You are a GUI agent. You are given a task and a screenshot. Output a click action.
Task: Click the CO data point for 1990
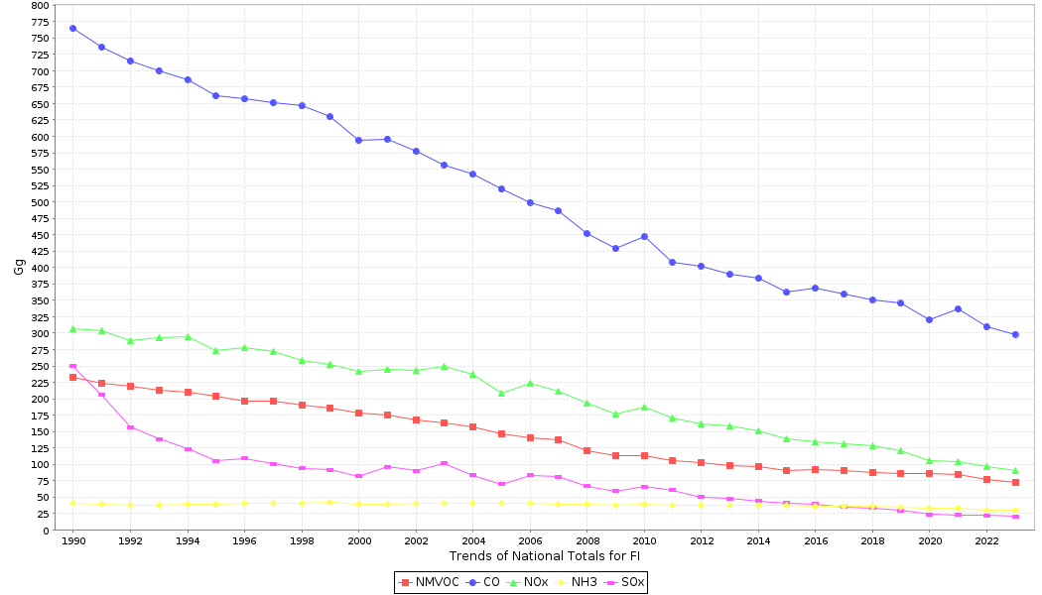tap(72, 28)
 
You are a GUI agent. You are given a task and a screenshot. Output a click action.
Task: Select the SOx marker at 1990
tap(72, 366)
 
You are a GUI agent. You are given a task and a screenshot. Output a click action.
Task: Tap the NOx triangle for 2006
tap(530, 383)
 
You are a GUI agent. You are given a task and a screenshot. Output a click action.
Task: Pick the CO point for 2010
tap(644, 236)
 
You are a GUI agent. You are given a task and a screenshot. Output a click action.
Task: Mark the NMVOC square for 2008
tap(586, 450)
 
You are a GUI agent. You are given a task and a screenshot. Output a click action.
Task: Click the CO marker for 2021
tap(958, 308)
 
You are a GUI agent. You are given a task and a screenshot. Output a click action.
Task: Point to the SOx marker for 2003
tap(444, 463)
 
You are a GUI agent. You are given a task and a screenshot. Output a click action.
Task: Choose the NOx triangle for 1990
tap(72, 328)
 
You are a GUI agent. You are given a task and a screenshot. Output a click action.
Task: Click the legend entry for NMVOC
tap(429, 582)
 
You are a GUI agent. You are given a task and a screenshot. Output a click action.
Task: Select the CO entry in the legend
tap(482, 582)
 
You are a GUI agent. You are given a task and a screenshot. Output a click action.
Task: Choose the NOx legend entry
tap(527, 582)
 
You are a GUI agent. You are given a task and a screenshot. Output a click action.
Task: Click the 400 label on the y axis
tap(38, 268)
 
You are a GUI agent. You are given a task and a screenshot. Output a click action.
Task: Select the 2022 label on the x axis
tap(986, 541)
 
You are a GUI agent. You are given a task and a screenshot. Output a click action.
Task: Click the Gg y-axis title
tap(19, 267)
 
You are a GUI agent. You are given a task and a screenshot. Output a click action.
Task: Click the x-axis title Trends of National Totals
tap(544, 556)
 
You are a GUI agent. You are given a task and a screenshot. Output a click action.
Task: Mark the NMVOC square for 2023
tap(1015, 482)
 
